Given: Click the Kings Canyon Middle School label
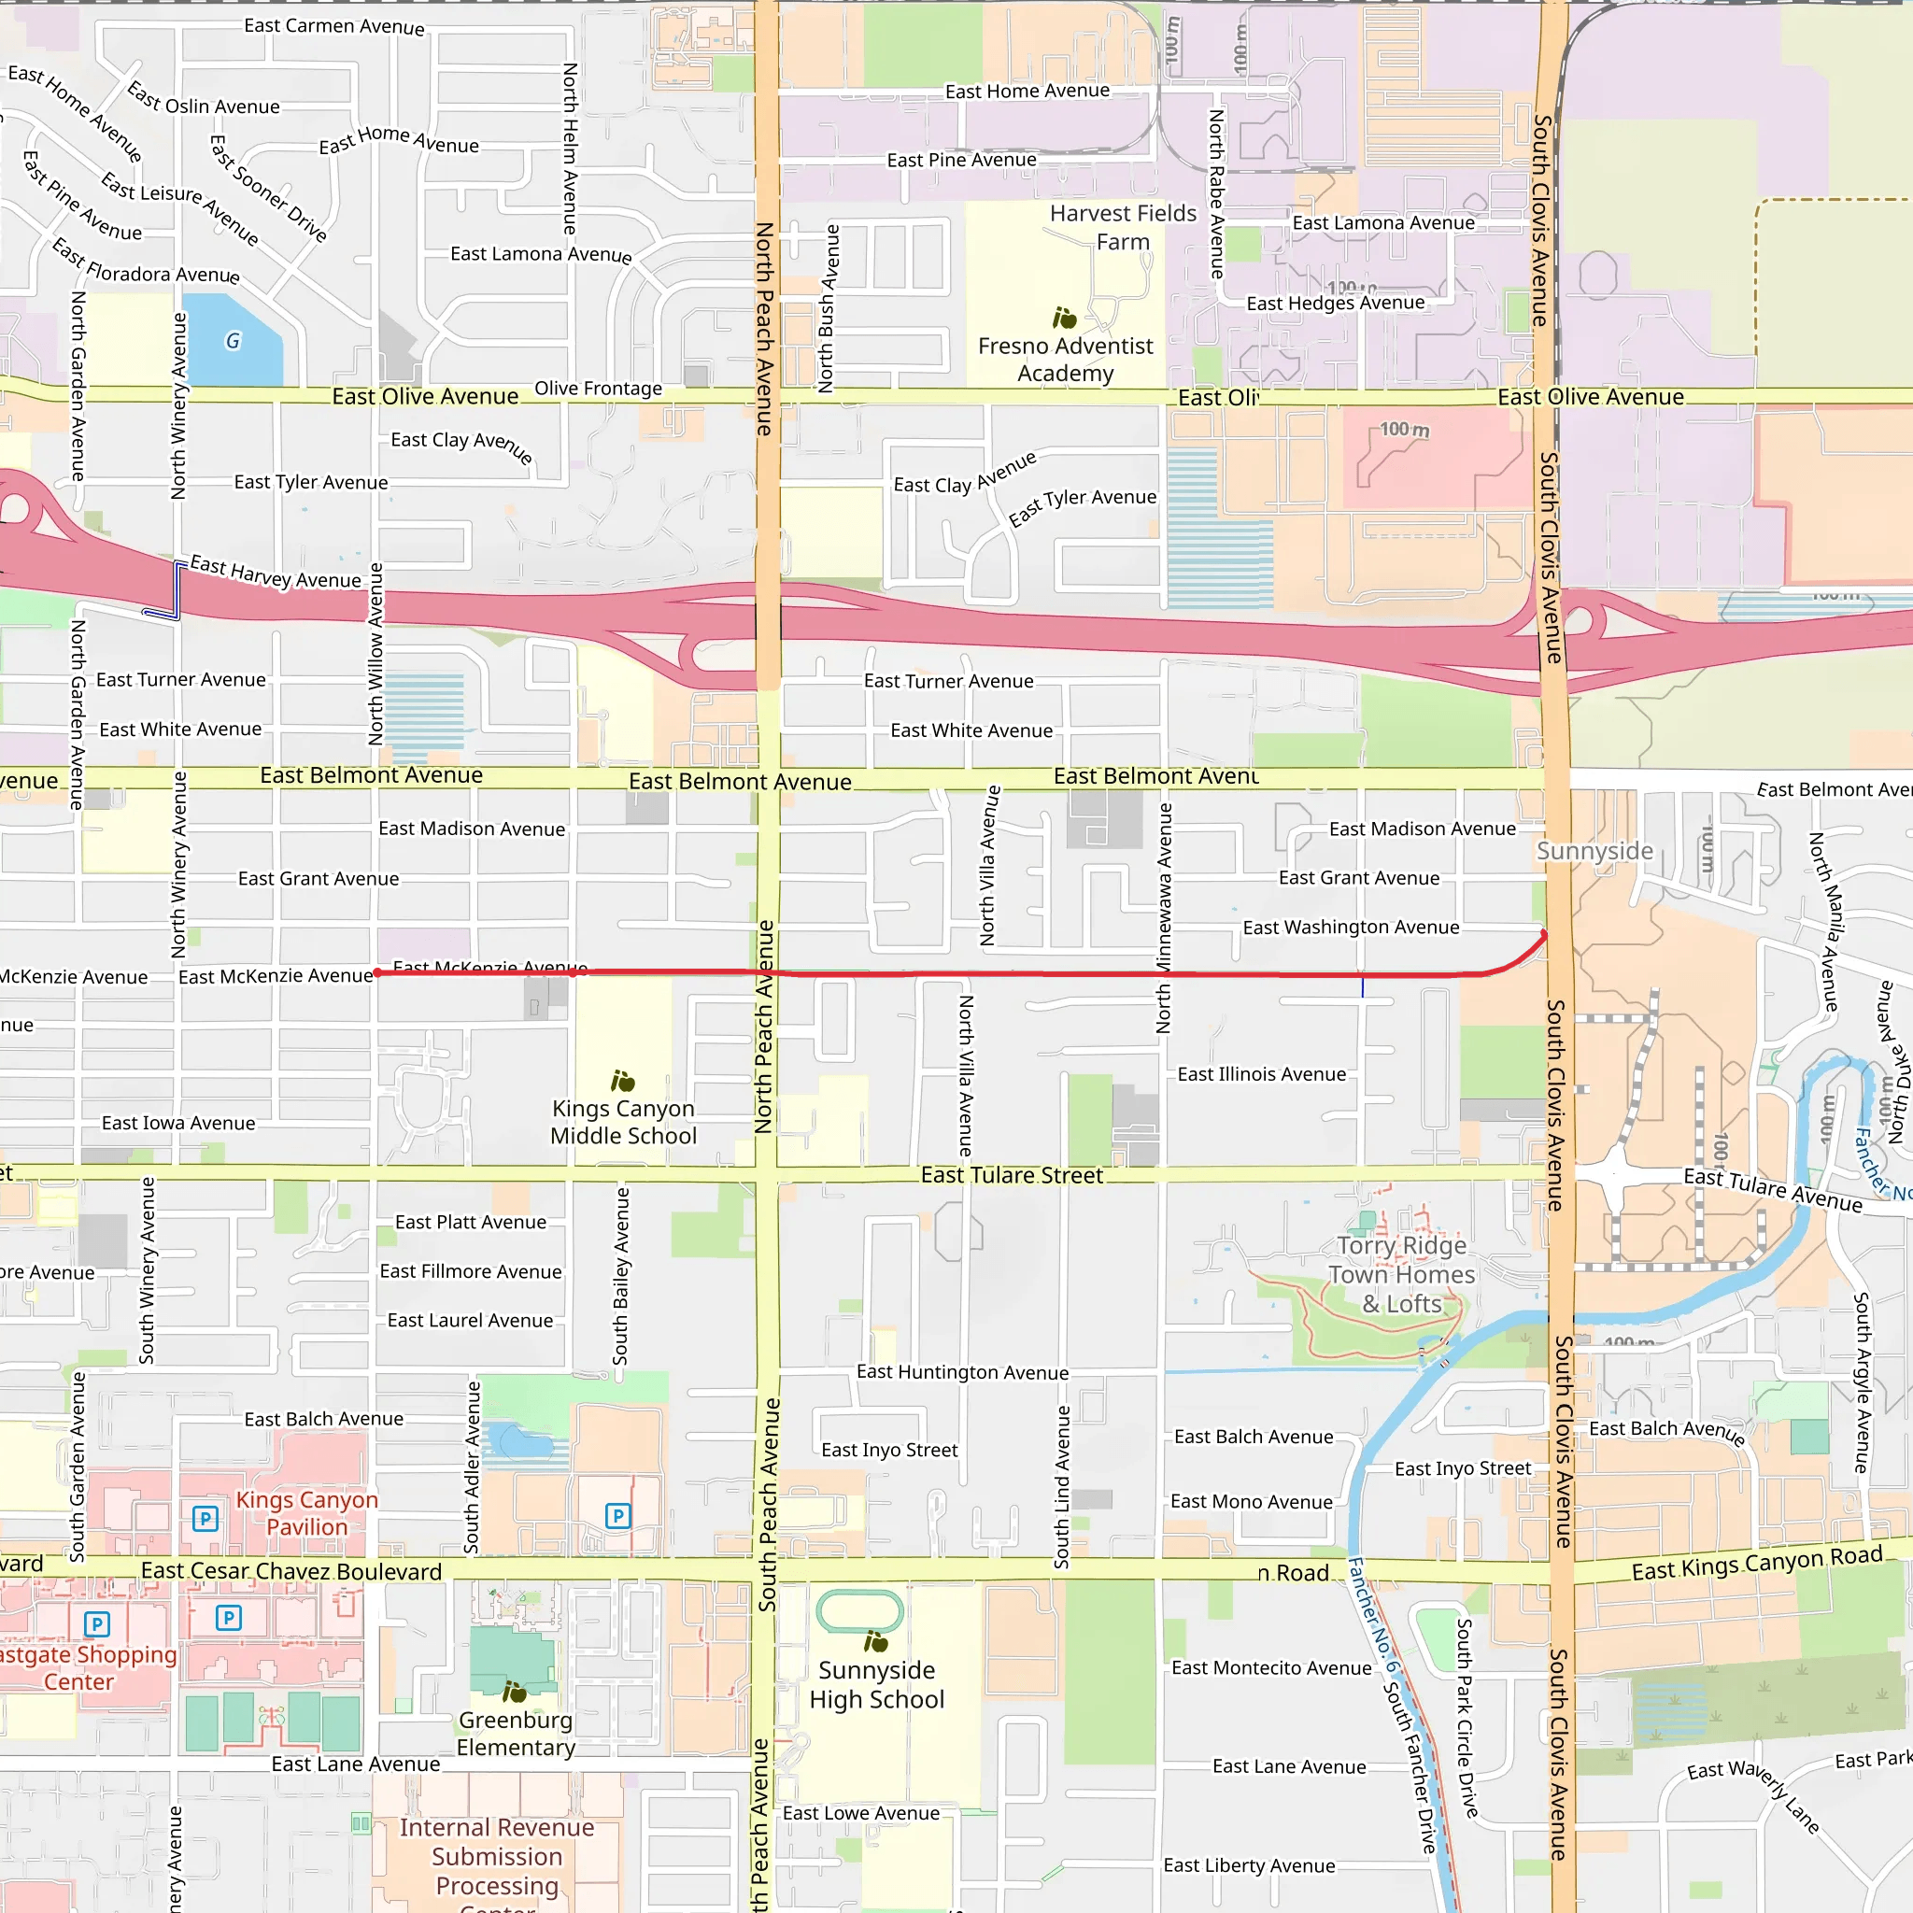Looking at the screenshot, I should (x=623, y=1122).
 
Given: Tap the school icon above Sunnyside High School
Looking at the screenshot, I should (x=875, y=1642).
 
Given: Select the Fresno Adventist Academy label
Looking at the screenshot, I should (x=1066, y=360).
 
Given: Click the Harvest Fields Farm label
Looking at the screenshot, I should (x=1123, y=228).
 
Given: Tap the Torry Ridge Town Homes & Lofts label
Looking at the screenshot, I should (x=1401, y=1274).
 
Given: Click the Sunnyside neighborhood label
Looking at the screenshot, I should (x=1594, y=852).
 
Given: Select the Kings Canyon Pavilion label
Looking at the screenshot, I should (x=307, y=1513).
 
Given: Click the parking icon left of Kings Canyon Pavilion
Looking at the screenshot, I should (x=205, y=1518).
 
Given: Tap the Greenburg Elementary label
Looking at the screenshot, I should (x=515, y=1733).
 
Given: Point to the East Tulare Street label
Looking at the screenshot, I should (x=1011, y=1175).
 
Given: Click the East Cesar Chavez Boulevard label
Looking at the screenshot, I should (x=291, y=1571).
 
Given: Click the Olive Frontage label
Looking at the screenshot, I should (x=598, y=389).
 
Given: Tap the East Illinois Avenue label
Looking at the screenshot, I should (x=1261, y=1074).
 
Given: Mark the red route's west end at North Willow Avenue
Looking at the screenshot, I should (x=377, y=973).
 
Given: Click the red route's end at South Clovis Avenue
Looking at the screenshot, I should (x=1544, y=934).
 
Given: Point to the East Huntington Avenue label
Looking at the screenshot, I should (x=962, y=1372).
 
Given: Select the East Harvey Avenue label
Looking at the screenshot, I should (x=276, y=573).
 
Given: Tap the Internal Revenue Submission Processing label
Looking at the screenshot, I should (x=497, y=1857).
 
